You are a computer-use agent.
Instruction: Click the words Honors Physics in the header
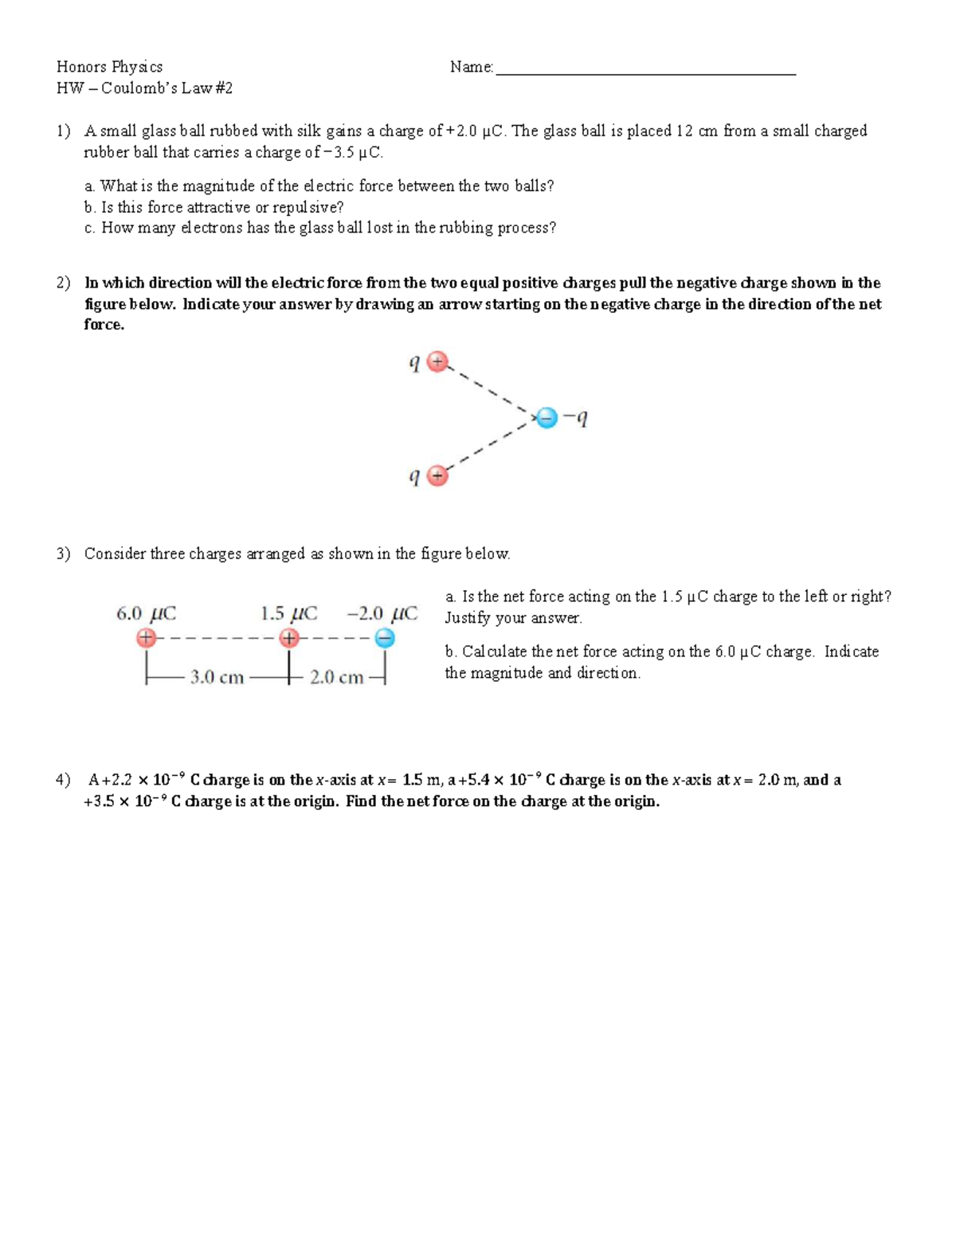point(109,67)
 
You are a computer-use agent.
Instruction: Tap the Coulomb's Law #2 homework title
point(145,88)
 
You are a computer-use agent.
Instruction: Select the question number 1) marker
point(63,131)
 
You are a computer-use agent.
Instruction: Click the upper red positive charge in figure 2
point(437,362)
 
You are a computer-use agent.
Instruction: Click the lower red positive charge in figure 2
point(437,476)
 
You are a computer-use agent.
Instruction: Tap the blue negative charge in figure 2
point(547,417)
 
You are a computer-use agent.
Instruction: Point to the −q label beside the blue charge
point(576,417)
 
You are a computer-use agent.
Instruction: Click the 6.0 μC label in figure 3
point(146,613)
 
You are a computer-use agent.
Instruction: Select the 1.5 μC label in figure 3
point(288,613)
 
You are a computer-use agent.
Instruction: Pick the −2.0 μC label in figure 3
point(382,613)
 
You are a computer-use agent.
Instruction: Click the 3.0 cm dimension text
point(217,678)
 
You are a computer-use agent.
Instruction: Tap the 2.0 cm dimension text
point(336,678)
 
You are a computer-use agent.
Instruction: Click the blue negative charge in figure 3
point(385,638)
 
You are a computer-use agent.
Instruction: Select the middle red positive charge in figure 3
point(289,638)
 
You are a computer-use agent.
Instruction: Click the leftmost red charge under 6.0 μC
point(145,638)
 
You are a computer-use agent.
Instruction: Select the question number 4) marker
point(63,780)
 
